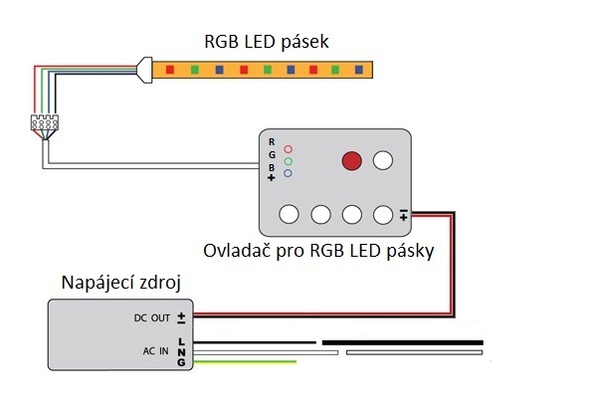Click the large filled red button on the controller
tap(351, 160)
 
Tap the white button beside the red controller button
tap(384, 160)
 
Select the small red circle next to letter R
tap(287, 145)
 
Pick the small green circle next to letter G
tap(287, 159)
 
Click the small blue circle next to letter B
tap(287, 173)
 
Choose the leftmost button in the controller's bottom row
tap(290, 213)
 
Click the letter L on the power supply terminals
tap(181, 341)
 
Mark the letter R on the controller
tap(272, 143)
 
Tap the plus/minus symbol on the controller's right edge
tap(404, 213)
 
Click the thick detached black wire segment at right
tap(402, 341)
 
